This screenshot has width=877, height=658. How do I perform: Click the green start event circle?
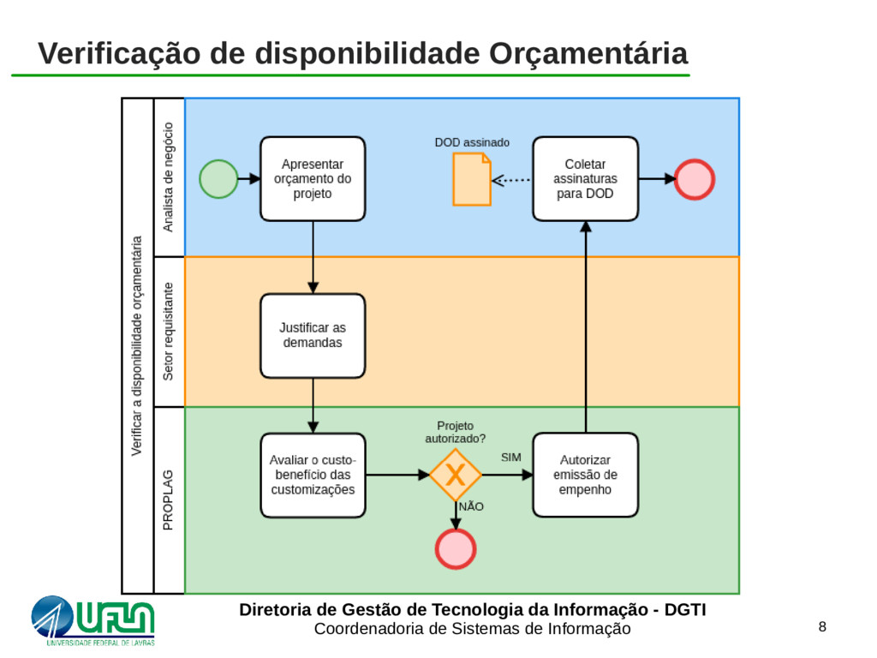[218, 179]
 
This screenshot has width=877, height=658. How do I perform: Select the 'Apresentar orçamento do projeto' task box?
[313, 178]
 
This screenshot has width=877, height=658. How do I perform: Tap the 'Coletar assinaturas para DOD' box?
[585, 178]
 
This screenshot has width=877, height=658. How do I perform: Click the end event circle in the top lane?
[694, 179]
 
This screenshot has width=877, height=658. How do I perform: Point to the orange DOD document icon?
[472, 180]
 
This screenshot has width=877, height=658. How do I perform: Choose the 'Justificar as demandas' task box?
[313, 335]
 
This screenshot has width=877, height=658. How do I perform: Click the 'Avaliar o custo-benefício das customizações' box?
[313, 475]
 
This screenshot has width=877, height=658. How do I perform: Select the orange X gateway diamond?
[455, 475]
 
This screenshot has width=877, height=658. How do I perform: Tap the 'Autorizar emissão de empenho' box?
[585, 475]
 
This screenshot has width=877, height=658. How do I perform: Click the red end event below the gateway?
[455, 548]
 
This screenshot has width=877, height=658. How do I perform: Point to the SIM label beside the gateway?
[511, 458]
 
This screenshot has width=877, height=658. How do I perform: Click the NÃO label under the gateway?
[472, 506]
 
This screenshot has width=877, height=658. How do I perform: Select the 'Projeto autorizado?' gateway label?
[455, 432]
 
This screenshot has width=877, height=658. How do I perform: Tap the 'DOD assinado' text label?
[472, 142]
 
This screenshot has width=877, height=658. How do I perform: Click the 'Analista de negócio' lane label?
[169, 176]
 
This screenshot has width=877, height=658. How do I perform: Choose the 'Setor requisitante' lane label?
[169, 332]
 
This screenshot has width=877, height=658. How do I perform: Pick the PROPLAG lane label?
[169, 499]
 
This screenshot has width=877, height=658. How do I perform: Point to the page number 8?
[822, 627]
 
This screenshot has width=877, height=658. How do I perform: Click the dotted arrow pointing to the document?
[512, 180]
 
